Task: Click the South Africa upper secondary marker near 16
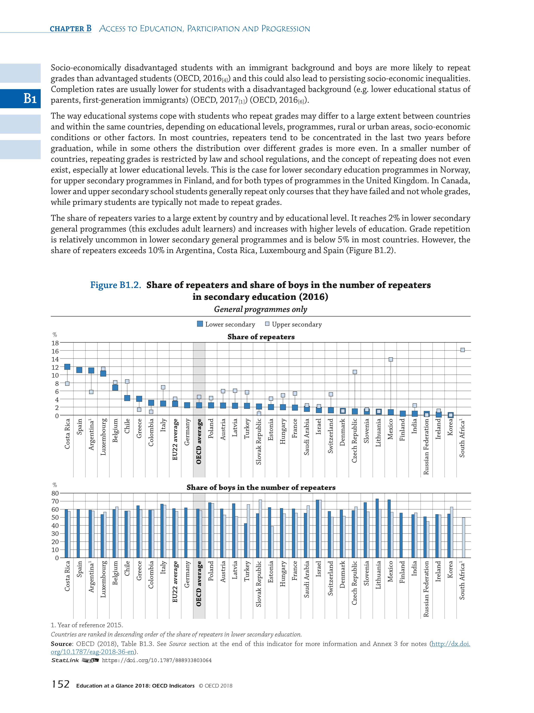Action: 462,350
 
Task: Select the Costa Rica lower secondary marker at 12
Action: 67,367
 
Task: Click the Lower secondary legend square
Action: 200,324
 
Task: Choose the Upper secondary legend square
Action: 267,324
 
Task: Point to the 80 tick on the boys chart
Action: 55,493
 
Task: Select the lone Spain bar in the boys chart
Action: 78,533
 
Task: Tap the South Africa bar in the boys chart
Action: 463,538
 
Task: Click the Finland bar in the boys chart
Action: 401,535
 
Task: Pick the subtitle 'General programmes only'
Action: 260,310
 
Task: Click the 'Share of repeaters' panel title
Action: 261,337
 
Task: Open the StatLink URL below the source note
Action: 156,660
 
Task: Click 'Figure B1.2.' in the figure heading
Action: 116,285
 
